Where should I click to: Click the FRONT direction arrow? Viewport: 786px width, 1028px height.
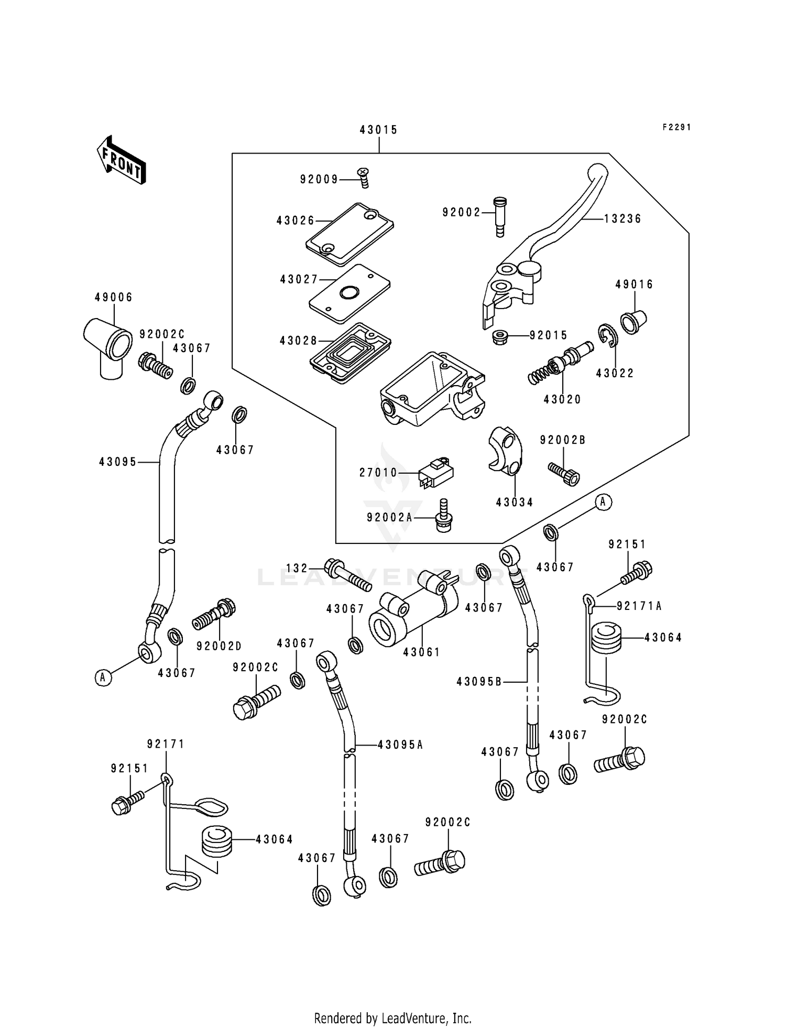pos(121,160)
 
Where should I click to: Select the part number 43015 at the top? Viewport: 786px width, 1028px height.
pos(378,130)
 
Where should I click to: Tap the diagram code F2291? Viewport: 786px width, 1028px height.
pos(676,127)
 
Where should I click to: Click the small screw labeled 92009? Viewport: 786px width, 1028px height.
pos(363,177)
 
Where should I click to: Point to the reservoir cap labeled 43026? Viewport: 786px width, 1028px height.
pos(350,234)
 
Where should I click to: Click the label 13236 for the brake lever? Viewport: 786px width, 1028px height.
pos(623,219)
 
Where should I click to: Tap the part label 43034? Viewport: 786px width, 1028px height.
pos(515,502)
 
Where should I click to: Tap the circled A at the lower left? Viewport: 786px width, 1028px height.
pos(103,677)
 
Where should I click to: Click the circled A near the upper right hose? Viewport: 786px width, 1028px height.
pos(603,502)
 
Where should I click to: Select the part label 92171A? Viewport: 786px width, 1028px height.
pos(639,606)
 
